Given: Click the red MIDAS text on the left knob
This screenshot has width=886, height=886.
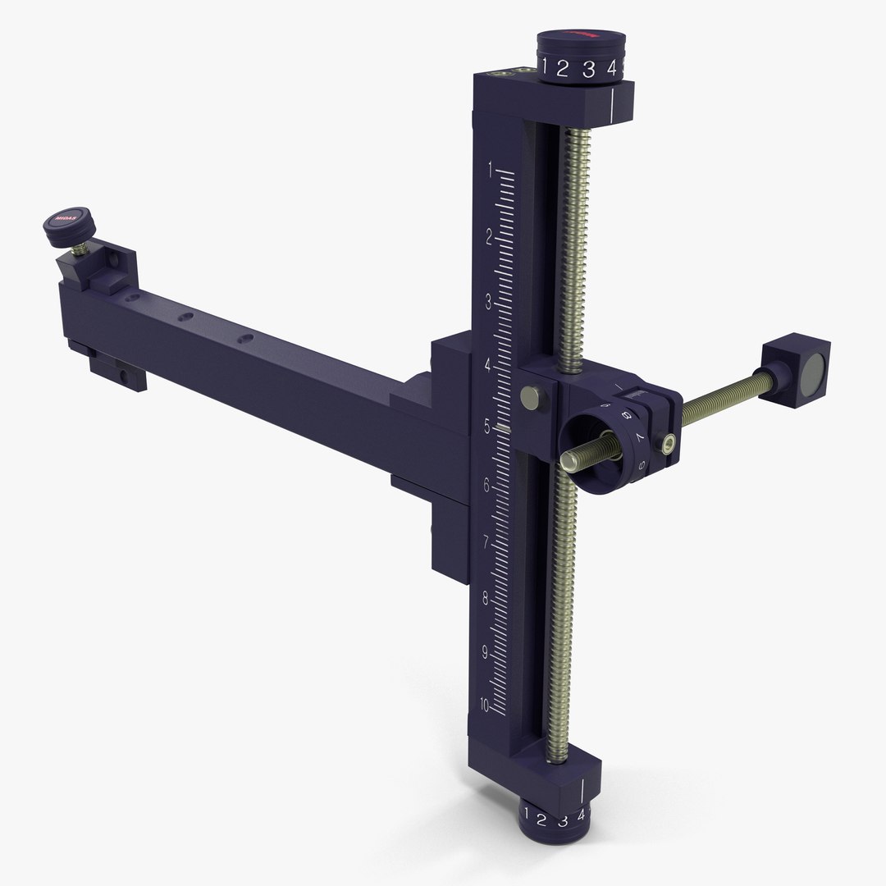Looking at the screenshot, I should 66,219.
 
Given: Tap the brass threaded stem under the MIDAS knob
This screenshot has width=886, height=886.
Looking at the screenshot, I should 83,244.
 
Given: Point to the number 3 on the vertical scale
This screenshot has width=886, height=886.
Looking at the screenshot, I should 489,302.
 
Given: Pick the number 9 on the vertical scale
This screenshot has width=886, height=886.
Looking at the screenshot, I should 484,653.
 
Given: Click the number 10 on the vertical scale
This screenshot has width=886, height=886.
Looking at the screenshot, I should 484,706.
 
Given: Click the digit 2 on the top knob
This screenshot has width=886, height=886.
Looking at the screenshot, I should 563,70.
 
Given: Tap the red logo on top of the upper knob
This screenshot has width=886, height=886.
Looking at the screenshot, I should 581,36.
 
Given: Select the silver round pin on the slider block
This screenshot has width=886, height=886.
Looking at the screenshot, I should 533,398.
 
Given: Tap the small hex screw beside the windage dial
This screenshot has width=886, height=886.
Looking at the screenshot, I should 670,444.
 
